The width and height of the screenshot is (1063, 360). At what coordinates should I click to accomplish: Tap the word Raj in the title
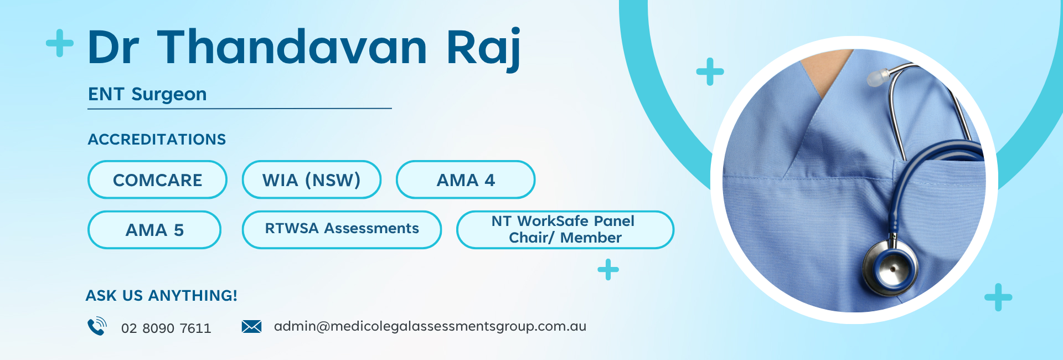click(483, 50)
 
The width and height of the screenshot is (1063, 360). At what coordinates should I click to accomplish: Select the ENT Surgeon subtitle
click(147, 95)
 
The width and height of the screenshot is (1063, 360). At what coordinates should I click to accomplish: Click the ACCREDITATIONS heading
click(157, 139)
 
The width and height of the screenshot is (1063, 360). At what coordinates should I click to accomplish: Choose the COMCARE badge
click(157, 179)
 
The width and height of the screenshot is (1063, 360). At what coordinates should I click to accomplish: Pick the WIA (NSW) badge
click(312, 179)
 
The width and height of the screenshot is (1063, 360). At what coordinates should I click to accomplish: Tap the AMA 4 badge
click(466, 179)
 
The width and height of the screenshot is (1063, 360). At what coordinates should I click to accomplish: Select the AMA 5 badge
click(154, 230)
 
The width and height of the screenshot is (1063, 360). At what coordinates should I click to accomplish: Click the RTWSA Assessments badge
click(342, 230)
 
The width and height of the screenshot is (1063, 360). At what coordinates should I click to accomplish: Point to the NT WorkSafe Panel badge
click(565, 230)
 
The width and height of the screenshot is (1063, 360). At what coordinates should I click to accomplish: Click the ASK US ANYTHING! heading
click(161, 296)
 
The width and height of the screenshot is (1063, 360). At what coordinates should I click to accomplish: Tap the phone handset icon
click(97, 326)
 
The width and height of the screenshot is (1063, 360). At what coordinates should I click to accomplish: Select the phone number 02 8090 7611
click(166, 328)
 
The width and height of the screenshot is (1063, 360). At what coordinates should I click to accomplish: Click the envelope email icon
click(251, 326)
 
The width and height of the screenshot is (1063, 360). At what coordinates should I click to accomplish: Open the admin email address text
click(430, 326)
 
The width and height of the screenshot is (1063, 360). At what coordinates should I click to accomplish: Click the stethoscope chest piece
click(890, 268)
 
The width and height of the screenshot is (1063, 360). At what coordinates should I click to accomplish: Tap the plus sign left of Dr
click(60, 43)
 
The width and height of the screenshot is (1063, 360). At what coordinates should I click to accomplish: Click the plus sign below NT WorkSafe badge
click(608, 270)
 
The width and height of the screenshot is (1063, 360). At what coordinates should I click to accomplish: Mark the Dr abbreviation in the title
click(113, 48)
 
